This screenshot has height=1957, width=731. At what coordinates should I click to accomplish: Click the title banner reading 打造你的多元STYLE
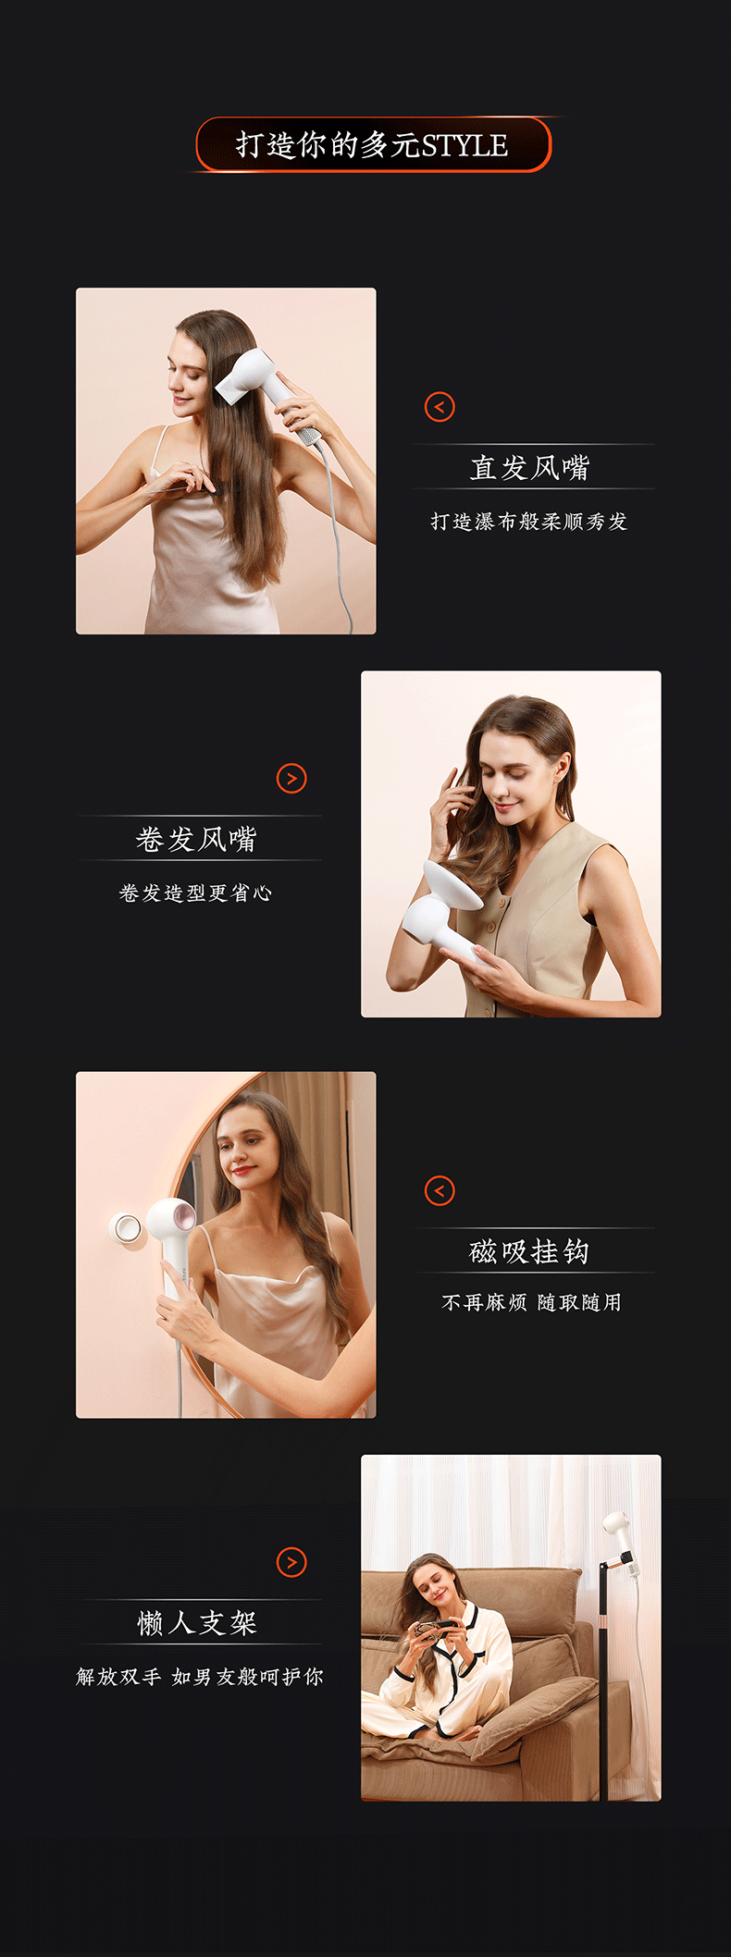pos(373,144)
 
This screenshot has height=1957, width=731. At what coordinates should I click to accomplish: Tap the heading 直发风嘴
pos(529,468)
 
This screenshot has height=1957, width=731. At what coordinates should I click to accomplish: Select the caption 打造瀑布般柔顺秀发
pos(529,522)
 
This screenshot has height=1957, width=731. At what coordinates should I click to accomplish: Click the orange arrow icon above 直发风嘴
pos(440,407)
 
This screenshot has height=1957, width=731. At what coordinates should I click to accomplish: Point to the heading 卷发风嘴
pos(196,839)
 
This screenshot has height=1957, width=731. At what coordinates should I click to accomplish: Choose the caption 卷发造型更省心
pos(196,892)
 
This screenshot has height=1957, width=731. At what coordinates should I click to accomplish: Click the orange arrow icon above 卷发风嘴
pos(291,779)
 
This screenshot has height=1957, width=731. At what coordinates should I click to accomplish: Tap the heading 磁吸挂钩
pos(529,1251)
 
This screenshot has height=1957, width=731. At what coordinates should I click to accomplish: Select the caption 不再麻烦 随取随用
pos(532,1302)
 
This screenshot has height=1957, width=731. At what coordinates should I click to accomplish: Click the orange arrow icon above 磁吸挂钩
pos(440,1191)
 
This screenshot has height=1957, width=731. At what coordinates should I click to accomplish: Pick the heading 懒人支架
pos(197,1622)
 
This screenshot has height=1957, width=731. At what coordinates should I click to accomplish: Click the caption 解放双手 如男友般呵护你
pos(200,1676)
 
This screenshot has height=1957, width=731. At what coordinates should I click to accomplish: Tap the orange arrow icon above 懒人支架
pos(291,1562)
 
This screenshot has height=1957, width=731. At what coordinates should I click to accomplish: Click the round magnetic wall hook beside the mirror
pos(126,1227)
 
